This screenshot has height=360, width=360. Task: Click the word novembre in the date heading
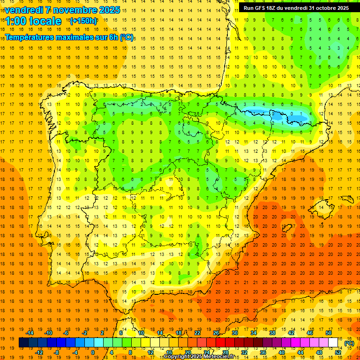pyautogui.click(x=74, y=10)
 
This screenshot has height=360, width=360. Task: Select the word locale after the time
pyautogui.click(x=45, y=21)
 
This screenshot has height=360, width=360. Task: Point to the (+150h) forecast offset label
pyautogui.click(x=83, y=21)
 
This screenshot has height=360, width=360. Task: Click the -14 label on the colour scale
pyautogui.click(x=30, y=333)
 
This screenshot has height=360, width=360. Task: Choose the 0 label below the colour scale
pyautogui.click(x=93, y=352)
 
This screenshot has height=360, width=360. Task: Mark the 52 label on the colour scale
pyautogui.click(x=338, y=352)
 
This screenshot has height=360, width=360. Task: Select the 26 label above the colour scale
pyautogui.click(x=216, y=333)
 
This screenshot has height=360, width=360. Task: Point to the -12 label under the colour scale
pyautogui.click(x=39, y=352)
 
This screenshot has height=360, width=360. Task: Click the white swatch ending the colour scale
pyautogui.click(x=333, y=343)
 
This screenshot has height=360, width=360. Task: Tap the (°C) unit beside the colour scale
pyautogui.click(x=349, y=343)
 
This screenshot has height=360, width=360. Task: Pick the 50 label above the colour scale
pyautogui.click(x=328, y=333)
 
